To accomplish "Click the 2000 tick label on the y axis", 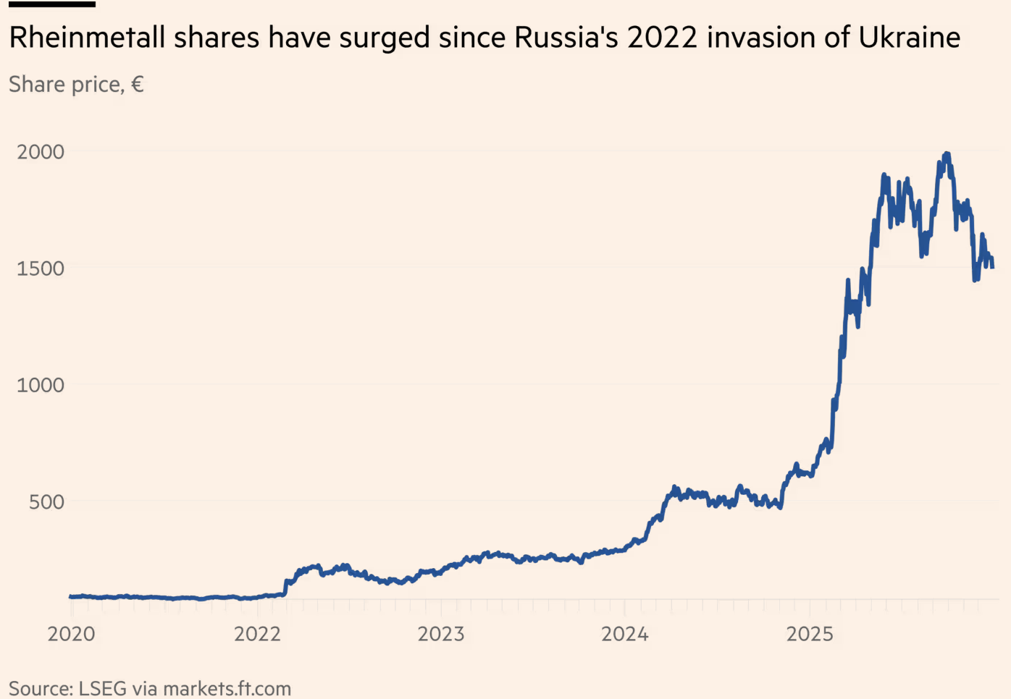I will [x=41, y=152].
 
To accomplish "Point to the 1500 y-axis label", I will [x=41, y=268].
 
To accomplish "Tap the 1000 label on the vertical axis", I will [x=41, y=385].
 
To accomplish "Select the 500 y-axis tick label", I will [x=46, y=501].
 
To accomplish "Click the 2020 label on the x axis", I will [x=71, y=634].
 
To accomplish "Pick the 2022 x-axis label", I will [x=257, y=634].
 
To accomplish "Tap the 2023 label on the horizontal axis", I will [x=441, y=634].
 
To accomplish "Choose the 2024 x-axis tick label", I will [x=625, y=634].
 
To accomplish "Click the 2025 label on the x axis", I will [x=810, y=634].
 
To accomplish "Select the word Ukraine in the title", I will [x=910, y=38].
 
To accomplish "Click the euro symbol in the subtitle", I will [x=137, y=85].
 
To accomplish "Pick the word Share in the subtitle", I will [x=37, y=85].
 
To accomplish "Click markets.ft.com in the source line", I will [x=227, y=688].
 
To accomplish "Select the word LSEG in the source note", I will [x=103, y=688].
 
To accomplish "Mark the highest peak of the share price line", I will [x=947, y=154].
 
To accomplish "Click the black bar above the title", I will [x=52, y=4].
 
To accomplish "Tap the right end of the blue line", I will [x=992, y=267].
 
